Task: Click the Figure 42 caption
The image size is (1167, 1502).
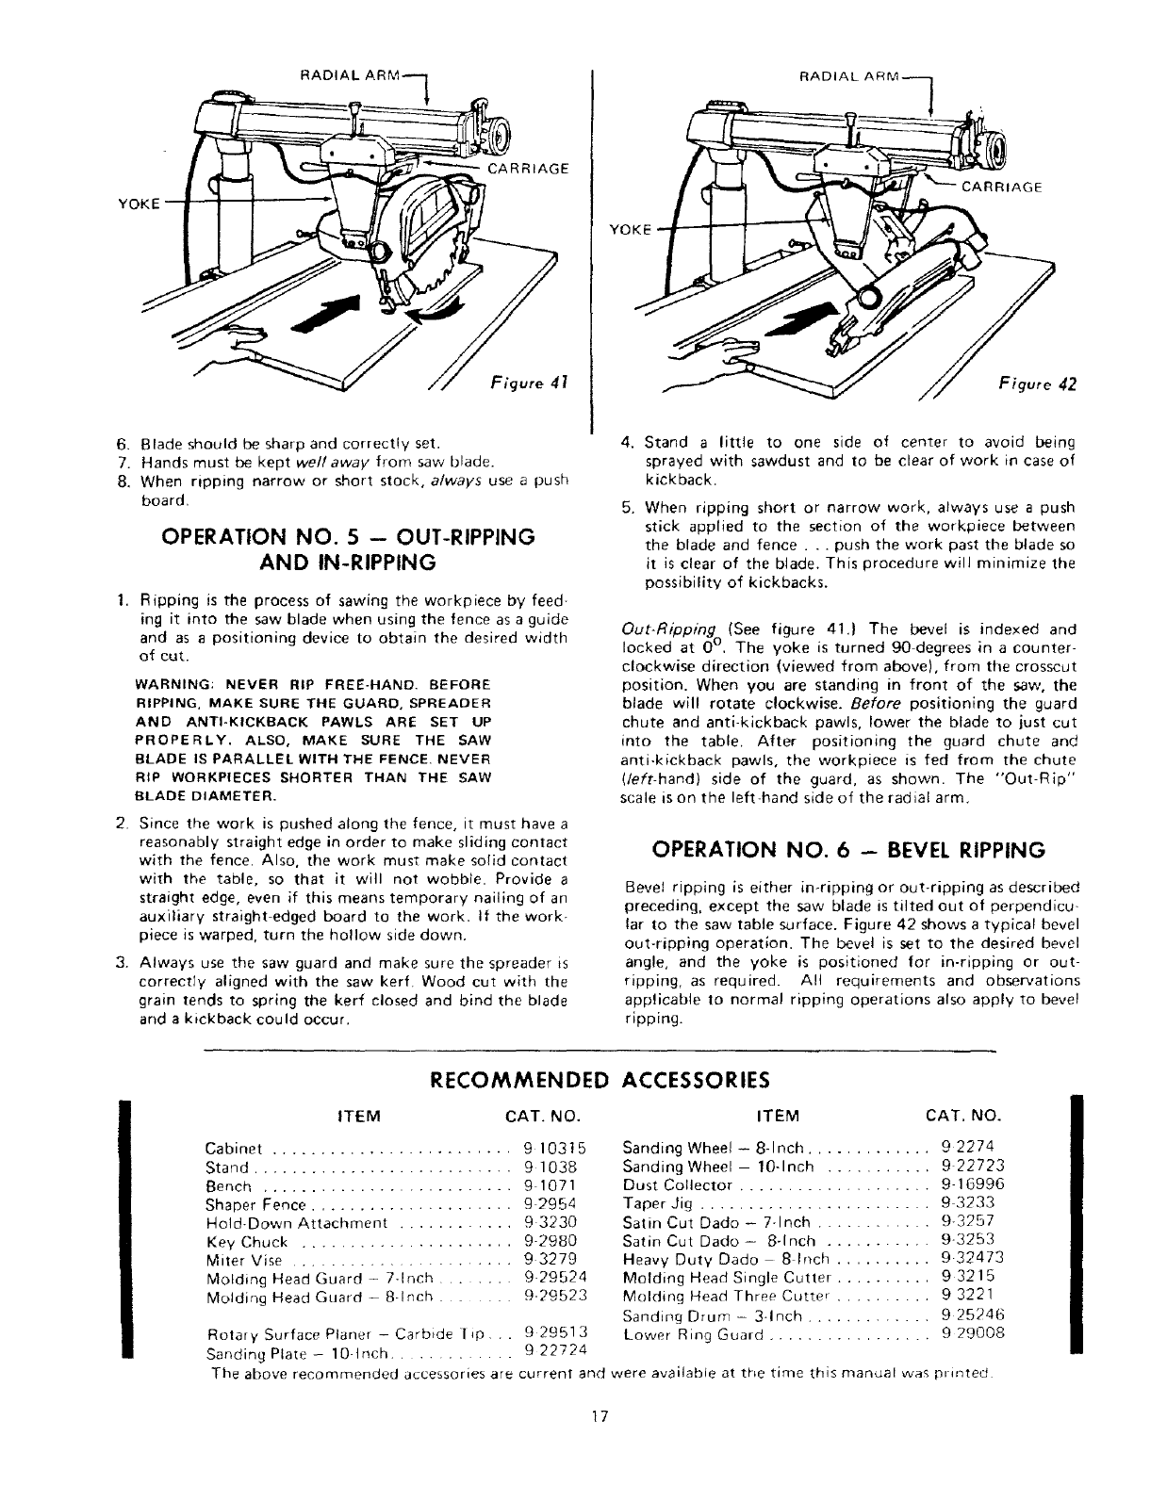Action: coord(1037,384)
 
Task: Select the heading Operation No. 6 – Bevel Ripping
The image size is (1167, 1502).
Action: coord(848,851)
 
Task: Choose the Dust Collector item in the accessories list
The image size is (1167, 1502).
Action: coord(678,1184)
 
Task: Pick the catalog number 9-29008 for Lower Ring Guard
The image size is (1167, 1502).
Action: coord(973,1332)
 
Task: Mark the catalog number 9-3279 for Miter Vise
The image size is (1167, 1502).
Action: coord(550,1259)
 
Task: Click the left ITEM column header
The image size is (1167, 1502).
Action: coord(358,1117)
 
